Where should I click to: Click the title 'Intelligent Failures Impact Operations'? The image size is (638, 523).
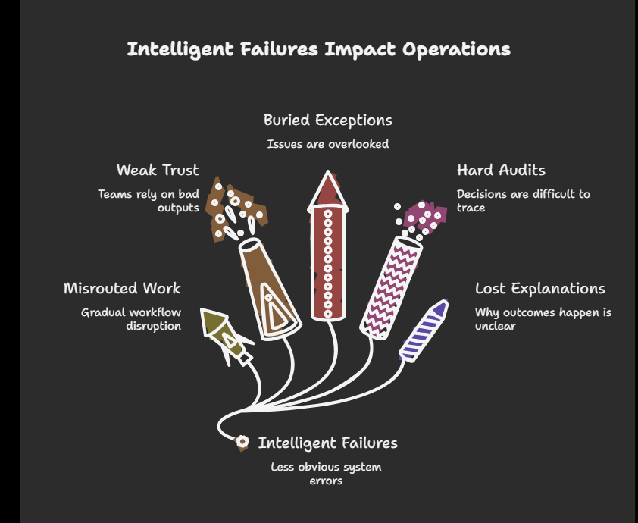pos(318,50)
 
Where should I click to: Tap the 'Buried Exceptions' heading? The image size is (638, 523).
pos(327,121)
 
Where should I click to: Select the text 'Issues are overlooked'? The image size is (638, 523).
pos(327,144)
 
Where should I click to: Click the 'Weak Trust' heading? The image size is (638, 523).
pos(158,170)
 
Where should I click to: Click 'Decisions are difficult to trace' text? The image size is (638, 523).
pos(523,201)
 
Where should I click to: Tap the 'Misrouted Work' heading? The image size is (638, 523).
pos(122,288)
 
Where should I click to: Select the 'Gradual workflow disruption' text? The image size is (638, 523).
pos(131,319)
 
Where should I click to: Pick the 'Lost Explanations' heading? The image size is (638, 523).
pos(539,288)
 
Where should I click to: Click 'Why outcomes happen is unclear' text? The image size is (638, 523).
pos(543,319)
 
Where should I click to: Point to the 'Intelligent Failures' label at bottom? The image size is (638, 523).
pos(327,443)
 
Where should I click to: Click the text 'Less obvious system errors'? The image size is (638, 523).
pos(326,474)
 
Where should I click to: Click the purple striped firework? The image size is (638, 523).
pos(424,330)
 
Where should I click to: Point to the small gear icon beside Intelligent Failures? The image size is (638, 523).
pos(242,442)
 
